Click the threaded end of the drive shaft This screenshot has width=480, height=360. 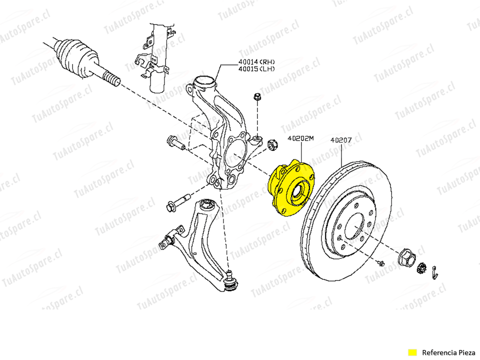111,78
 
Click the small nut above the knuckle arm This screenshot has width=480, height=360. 257,96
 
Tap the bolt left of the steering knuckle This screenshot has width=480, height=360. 175,142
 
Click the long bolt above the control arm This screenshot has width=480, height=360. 178,202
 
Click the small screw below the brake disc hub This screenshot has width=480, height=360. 381,263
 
